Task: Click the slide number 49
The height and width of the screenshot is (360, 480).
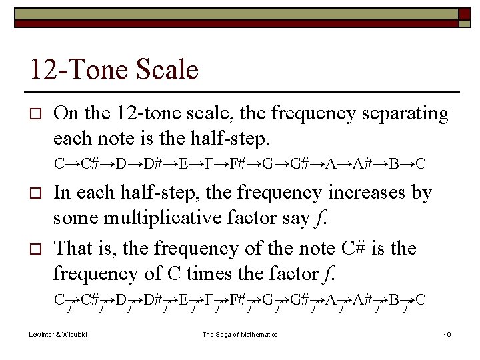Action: [x=447, y=334]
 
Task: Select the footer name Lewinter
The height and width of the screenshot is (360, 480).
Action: [x=42, y=334]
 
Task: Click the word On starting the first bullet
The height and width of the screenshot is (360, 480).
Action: [x=65, y=114]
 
